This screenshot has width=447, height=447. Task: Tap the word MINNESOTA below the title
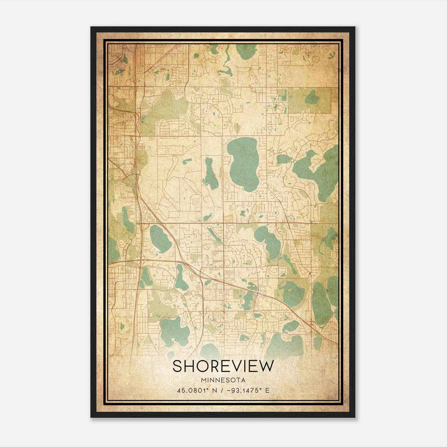click(x=223, y=380)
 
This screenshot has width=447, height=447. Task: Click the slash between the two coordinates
click(x=222, y=390)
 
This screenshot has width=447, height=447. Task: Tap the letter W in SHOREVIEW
click(x=265, y=366)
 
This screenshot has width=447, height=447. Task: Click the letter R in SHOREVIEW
click(x=217, y=366)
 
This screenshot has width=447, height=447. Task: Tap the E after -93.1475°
click(x=267, y=390)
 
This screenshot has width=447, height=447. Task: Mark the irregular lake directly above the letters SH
click(x=175, y=330)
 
